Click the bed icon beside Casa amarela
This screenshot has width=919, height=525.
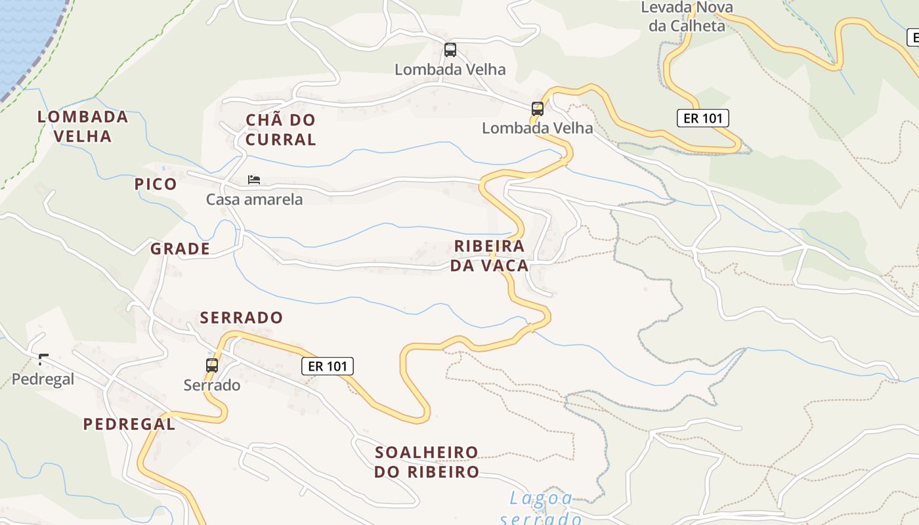pyautogui.click(x=254, y=180)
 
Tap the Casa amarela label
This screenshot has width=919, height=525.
pyautogui.click(x=255, y=199)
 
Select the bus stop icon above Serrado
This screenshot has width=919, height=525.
pyautogui.click(x=211, y=366)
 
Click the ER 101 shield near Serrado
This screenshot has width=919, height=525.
pyautogui.click(x=328, y=366)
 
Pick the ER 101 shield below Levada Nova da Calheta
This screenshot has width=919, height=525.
pyautogui.click(x=702, y=118)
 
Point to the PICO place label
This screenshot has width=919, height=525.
pyautogui.click(x=156, y=184)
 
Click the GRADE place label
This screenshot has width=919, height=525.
pyautogui.click(x=180, y=249)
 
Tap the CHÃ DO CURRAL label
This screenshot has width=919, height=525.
pyautogui.click(x=280, y=129)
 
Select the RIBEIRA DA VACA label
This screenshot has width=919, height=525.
pyautogui.click(x=490, y=256)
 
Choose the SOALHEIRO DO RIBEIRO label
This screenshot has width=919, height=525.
pyautogui.click(x=427, y=462)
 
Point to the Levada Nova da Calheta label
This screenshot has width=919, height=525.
pyautogui.click(x=687, y=17)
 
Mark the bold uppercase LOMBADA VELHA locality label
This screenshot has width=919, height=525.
pyautogui.click(x=83, y=127)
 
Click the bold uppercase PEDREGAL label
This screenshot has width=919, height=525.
pyautogui.click(x=129, y=424)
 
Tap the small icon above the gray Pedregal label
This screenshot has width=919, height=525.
pyautogui.click(x=43, y=359)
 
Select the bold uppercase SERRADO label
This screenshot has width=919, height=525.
pyautogui.click(x=242, y=318)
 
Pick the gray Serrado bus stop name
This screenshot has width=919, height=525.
pyautogui.click(x=212, y=385)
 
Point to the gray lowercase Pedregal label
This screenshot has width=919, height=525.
pyautogui.click(x=43, y=379)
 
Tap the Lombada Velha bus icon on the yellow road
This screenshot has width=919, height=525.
pyautogui.click(x=538, y=109)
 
